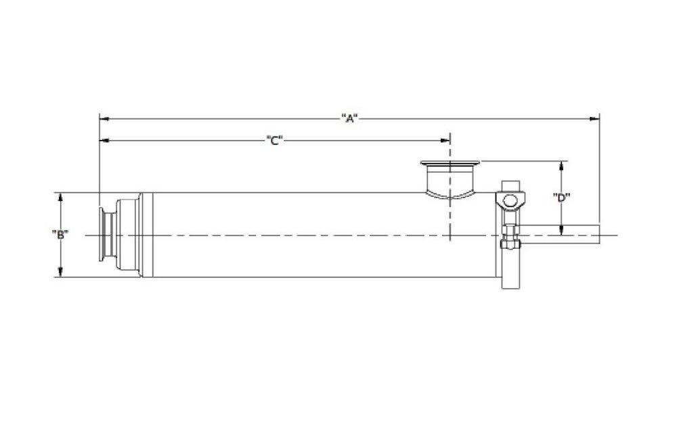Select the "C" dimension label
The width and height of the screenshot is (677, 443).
274,141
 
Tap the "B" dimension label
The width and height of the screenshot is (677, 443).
60,235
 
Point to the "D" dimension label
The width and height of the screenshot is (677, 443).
561,198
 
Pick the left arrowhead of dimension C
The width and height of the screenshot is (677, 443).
104,141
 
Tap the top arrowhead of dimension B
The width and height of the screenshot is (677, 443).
60,197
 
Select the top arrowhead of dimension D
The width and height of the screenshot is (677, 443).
561,165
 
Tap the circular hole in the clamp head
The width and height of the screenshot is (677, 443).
509,200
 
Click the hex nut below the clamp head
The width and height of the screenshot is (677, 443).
509,241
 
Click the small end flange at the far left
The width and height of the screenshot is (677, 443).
105,235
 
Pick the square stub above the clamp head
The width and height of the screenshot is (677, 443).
509,186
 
